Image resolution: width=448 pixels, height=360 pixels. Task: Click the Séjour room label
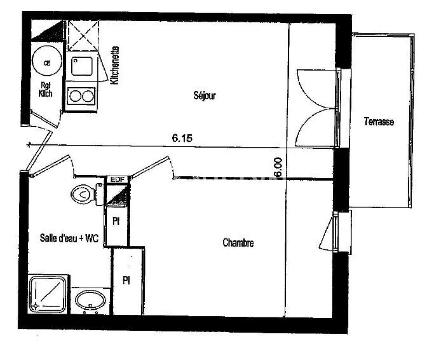tap(205, 95)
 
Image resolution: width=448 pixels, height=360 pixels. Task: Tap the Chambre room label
tap(238, 242)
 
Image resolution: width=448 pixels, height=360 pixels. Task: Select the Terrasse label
tap(379, 122)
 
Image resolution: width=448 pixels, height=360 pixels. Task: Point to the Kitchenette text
tap(115, 65)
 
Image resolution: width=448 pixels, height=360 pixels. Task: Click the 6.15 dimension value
tap(182, 138)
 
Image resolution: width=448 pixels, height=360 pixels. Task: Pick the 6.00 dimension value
tap(278, 167)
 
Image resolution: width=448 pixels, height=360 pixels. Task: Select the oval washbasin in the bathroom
tap(90, 300)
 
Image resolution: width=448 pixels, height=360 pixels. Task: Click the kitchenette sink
tap(82, 66)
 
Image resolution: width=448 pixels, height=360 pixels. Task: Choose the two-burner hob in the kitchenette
tap(81, 96)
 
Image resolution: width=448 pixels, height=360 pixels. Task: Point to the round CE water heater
tap(47, 61)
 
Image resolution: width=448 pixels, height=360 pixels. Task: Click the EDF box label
tap(118, 180)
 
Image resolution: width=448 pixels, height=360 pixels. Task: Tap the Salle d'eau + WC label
tap(69, 238)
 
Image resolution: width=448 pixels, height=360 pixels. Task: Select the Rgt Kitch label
tap(46, 89)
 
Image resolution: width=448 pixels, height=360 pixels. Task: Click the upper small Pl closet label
tap(116, 221)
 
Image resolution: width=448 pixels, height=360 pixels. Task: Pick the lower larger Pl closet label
tap(126, 280)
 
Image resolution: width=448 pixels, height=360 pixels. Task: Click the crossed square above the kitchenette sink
tap(82, 36)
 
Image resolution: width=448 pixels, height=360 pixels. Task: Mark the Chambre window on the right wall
tap(336, 232)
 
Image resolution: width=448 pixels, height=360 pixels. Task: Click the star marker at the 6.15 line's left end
tap(28, 145)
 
